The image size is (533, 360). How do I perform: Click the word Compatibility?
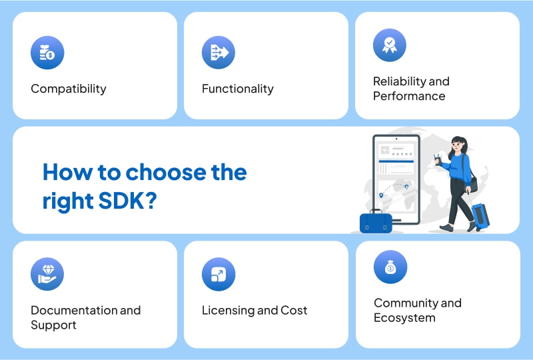[x=68, y=89]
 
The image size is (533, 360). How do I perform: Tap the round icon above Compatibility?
[x=47, y=53]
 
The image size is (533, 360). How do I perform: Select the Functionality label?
[x=237, y=89]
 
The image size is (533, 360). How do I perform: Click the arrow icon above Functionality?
[x=219, y=53]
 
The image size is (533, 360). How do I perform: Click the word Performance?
[x=408, y=96]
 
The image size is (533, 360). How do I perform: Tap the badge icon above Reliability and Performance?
[x=390, y=45]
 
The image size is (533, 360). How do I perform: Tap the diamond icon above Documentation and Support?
[x=47, y=274]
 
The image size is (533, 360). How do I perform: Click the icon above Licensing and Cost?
[x=219, y=274]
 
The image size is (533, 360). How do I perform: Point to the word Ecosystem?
[x=404, y=317]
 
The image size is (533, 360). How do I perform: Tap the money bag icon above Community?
[x=390, y=267]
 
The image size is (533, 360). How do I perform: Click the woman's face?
[x=456, y=146]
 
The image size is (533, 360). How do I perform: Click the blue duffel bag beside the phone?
[x=376, y=221]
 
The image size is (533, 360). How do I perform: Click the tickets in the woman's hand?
[x=438, y=158]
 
